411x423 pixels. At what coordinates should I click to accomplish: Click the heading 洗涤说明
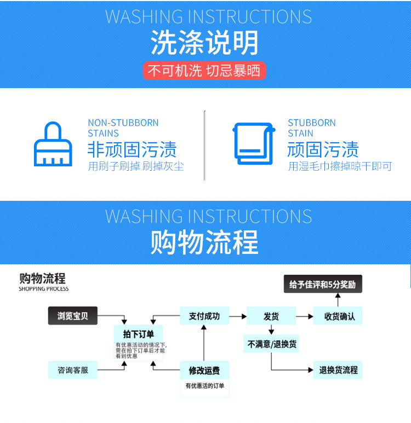[x=205, y=43]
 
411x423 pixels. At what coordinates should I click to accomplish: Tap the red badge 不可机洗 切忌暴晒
[x=204, y=71]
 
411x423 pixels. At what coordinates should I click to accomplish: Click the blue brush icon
[x=53, y=144]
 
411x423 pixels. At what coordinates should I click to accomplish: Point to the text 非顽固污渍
[x=132, y=149]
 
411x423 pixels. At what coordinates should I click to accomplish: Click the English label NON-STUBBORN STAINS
[x=123, y=128]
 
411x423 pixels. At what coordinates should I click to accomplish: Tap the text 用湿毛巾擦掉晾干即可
[x=340, y=166]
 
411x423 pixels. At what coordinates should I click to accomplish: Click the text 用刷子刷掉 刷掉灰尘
[x=135, y=166]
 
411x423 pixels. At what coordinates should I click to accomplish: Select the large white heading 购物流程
[x=204, y=242]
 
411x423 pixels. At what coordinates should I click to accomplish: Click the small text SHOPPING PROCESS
[x=44, y=289]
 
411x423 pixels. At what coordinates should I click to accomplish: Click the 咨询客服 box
[x=73, y=370]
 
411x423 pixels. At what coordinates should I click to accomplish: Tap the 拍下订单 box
[x=139, y=334]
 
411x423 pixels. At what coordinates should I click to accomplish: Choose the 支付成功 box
[x=204, y=316]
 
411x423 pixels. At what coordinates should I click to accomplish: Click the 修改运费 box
[x=204, y=370]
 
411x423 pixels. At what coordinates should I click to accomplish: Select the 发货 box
[x=271, y=316]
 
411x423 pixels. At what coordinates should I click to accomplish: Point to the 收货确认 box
[x=338, y=316]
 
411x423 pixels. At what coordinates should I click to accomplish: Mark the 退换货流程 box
[x=338, y=370]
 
